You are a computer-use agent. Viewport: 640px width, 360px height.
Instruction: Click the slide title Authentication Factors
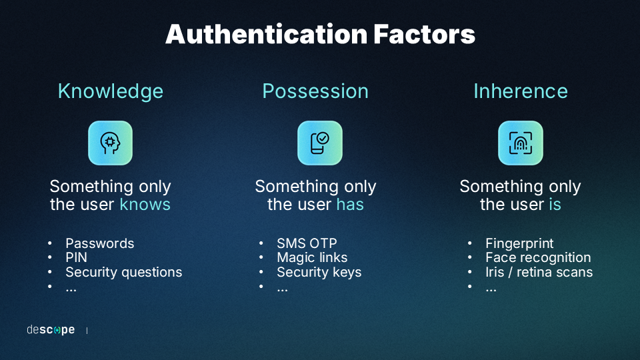(321, 34)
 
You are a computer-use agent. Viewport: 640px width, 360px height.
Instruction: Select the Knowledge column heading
(111, 91)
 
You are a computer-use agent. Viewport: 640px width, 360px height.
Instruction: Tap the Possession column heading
(315, 91)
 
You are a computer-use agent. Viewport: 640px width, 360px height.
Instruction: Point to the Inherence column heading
(521, 91)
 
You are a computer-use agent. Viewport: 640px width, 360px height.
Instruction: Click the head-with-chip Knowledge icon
(110, 143)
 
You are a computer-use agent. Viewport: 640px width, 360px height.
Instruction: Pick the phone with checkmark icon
(320, 143)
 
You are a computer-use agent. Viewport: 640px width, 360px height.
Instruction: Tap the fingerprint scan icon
(521, 143)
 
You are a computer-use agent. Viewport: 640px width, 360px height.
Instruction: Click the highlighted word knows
(145, 204)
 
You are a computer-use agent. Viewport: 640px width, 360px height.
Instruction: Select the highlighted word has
(350, 204)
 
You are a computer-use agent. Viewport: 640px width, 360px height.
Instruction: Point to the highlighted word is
(555, 204)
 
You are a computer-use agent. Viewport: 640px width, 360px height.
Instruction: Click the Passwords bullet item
(99, 243)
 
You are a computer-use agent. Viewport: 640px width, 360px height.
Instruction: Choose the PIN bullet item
(76, 257)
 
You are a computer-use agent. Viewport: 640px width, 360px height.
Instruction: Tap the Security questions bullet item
(124, 272)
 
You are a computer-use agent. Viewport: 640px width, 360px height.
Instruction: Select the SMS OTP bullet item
(307, 243)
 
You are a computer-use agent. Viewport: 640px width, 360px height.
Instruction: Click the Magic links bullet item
(312, 257)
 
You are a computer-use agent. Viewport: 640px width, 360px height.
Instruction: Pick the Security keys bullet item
(319, 272)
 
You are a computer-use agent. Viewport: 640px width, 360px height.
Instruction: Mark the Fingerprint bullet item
(519, 244)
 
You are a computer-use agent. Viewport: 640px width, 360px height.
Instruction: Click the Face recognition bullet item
(539, 257)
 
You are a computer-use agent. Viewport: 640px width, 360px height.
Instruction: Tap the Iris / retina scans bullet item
(539, 272)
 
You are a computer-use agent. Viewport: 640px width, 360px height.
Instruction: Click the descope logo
(51, 330)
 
